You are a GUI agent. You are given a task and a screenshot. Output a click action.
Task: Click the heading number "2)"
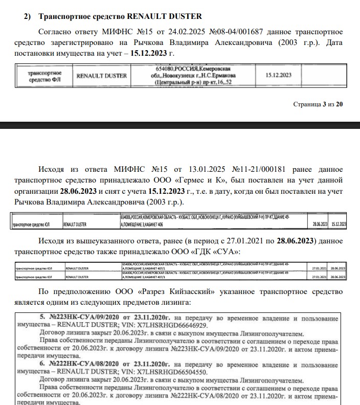(x=30, y=17)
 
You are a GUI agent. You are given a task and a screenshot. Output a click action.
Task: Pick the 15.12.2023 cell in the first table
(x=278, y=75)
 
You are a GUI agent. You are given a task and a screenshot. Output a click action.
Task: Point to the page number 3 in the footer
(x=323, y=104)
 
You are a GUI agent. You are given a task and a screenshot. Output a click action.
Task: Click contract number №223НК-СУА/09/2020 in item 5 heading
(x=82, y=316)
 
